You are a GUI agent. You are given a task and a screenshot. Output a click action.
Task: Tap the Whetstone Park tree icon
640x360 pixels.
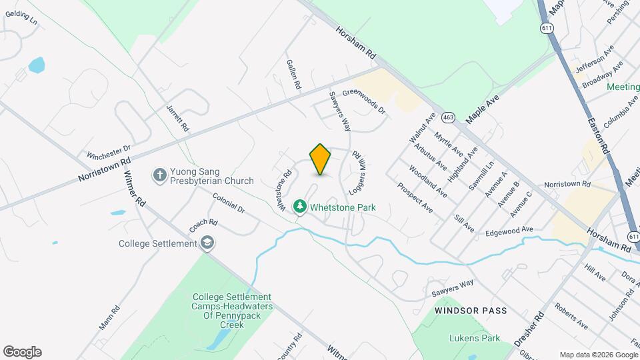pos(301,207)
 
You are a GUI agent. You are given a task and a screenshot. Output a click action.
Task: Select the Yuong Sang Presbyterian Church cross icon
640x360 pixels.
pos(159,175)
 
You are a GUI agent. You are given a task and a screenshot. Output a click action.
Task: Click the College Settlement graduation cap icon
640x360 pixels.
pos(208,243)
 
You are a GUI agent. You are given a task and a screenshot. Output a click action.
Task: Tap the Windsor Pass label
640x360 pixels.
pos(471,311)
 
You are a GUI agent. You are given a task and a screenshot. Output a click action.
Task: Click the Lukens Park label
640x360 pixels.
pos(474,338)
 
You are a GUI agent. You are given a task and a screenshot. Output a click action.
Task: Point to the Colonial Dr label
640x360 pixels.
pos(229,202)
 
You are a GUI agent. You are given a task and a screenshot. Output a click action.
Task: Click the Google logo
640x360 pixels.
pos(22,351)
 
